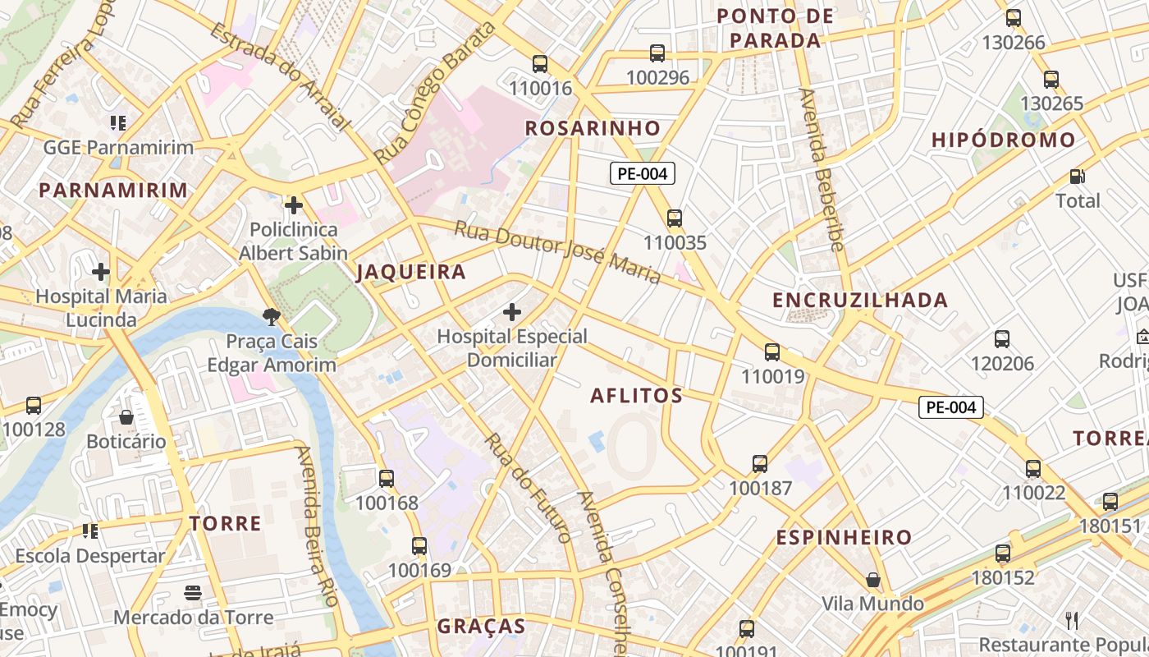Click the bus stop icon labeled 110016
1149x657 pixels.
click(539, 64)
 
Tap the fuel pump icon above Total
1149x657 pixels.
click(1077, 177)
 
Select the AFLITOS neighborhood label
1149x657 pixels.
click(637, 396)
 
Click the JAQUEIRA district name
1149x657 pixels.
click(410, 273)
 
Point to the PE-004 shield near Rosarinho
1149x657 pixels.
click(643, 173)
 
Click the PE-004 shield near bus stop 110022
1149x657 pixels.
click(950, 407)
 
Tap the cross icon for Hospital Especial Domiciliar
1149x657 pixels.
click(512, 312)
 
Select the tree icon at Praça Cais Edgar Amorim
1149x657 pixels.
click(270, 316)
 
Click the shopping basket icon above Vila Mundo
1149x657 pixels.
click(873, 580)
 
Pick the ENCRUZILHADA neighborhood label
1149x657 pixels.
click(860, 301)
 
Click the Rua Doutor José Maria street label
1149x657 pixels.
click(558, 251)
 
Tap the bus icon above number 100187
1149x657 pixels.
click(760, 464)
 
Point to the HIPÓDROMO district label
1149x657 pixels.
click(1003, 140)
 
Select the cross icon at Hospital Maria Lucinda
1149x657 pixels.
click(101, 272)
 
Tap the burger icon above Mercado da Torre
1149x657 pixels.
click(193, 592)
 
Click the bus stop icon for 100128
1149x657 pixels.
click(34, 405)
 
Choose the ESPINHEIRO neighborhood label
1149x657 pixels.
click(845, 538)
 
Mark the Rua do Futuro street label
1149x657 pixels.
click(528, 487)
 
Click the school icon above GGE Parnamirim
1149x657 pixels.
click(118, 123)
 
